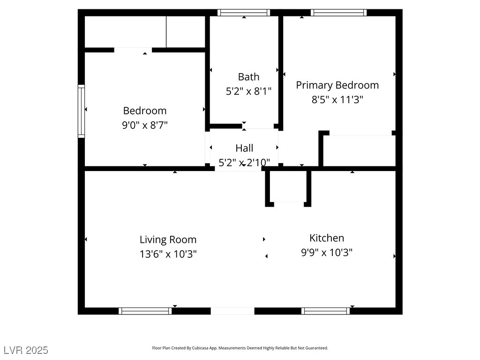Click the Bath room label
pyautogui.click(x=248, y=77)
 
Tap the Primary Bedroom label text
pyautogui.click(x=337, y=85)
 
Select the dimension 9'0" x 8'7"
pyautogui.click(x=145, y=125)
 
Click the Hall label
pyautogui.click(x=244, y=148)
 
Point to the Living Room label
pyautogui.click(x=168, y=240)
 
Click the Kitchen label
pyautogui.click(x=327, y=238)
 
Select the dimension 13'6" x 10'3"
pyautogui.click(x=168, y=254)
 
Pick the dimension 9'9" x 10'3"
pyautogui.click(x=327, y=253)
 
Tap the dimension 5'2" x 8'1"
pyautogui.click(x=248, y=91)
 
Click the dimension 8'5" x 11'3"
pyautogui.click(x=337, y=99)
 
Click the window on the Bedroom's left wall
pyautogui.click(x=81, y=111)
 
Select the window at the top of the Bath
pyautogui.click(x=244, y=13)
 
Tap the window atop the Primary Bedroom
pyautogui.click(x=338, y=13)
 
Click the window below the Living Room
pyautogui.click(x=145, y=311)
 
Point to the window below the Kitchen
pyautogui.click(x=326, y=311)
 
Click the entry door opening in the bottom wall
pyautogui.click(x=232, y=311)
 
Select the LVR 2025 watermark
pyautogui.click(x=26, y=350)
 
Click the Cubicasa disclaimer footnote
pyautogui.click(x=240, y=348)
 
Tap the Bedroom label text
pyautogui.click(x=145, y=111)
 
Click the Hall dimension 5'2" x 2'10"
pyautogui.click(x=244, y=163)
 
